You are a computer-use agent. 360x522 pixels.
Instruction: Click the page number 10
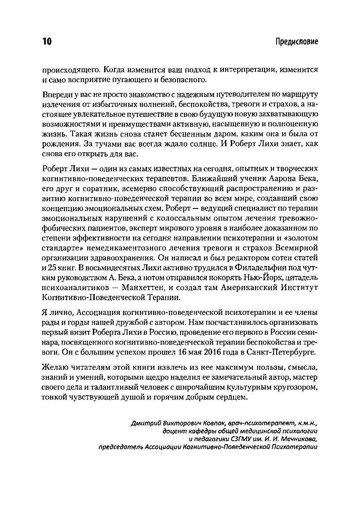47,42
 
